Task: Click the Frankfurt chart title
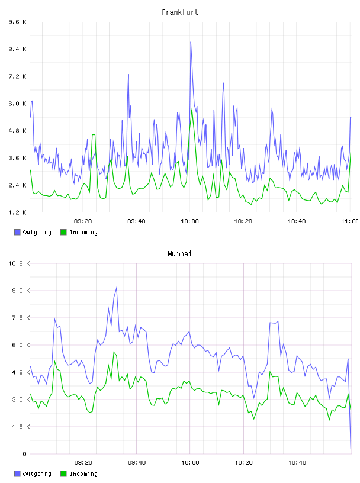[x=180, y=12]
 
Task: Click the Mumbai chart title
[x=179, y=254]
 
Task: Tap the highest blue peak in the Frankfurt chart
[x=191, y=42]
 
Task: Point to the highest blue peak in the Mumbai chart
[x=117, y=288]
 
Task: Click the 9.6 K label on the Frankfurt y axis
[x=18, y=22]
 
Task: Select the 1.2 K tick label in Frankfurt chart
[x=18, y=212]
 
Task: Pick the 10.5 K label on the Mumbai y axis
[x=19, y=263]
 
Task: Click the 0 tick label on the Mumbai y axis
[x=25, y=454]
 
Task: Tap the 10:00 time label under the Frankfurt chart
[x=189, y=221]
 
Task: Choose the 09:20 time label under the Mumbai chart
[x=83, y=463]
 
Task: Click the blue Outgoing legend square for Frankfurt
[x=17, y=232]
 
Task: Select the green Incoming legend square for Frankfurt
[x=63, y=232]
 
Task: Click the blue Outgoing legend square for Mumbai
[x=17, y=474]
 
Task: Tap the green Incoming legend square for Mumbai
[x=63, y=474]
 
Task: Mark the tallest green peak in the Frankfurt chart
[x=192, y=109]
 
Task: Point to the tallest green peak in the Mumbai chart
[x=114, y=352]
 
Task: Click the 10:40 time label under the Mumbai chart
[x=297, y=463]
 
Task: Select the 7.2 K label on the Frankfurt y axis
[x=18, y=76]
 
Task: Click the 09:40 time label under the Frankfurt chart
[x=136, y=221]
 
